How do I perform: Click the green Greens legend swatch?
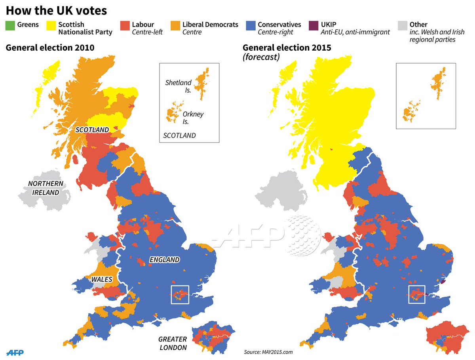coord(10,25)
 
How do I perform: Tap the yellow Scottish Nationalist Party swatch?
coord(51,25)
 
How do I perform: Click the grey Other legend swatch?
coord(403,25)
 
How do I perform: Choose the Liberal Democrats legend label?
coord(210,25)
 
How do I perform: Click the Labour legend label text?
coord(143,25)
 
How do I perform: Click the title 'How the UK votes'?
coord(56,10)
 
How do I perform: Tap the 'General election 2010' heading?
coord(50,48)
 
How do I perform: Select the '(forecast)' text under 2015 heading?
coord(261,57)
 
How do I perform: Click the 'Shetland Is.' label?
coord(179,86)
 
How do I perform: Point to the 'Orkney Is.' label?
coord(193,117)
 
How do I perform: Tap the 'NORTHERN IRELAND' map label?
coord(45,188)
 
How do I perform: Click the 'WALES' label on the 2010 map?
coord(102,280)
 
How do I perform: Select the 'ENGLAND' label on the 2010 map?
coord(164,260)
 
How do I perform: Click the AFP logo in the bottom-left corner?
coord(15,352)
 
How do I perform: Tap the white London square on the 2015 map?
coord(416,294)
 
